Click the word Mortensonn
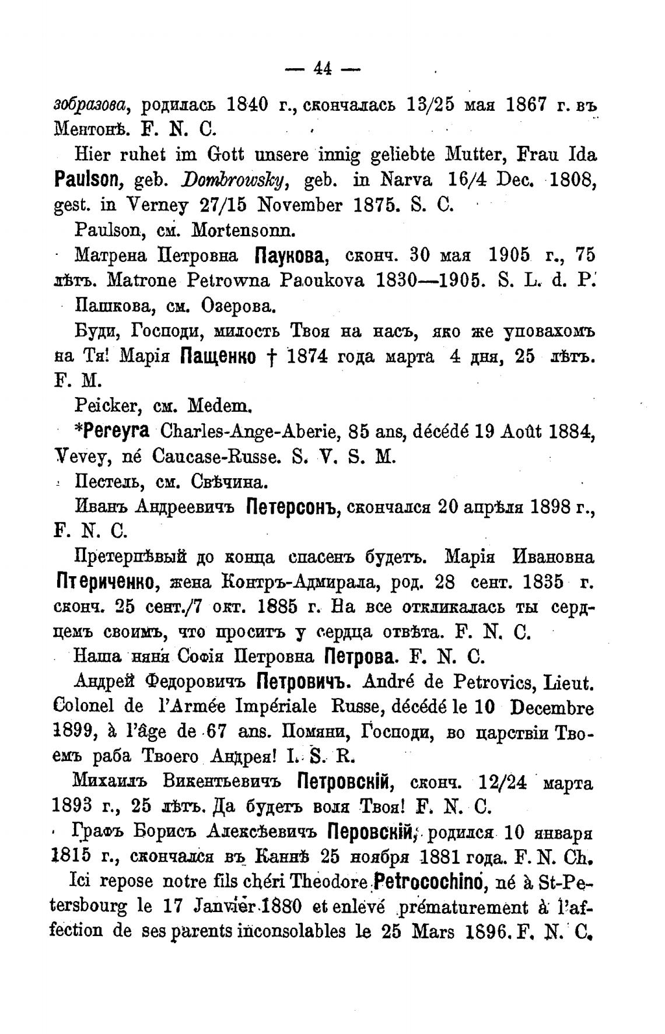(x=237, y=230)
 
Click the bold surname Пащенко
(x=220, y=357)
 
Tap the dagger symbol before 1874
(x=274, y=357)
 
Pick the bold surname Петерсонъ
(x=293, y=507)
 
